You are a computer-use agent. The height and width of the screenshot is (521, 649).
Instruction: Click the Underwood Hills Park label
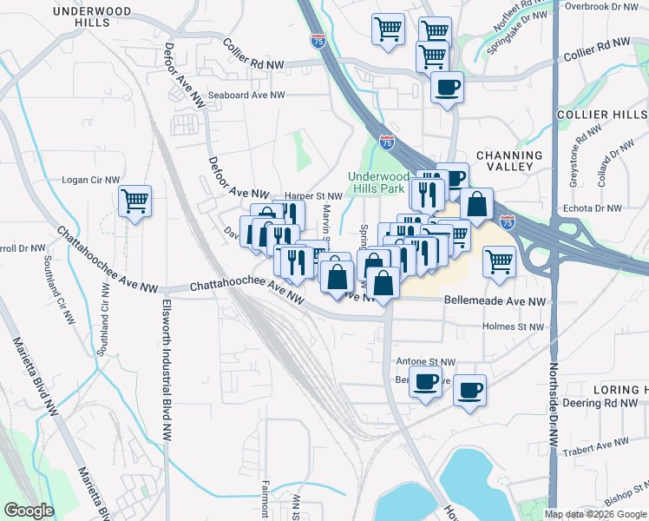pos(377,181)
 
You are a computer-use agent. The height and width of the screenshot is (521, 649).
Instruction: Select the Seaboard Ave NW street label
pos(246,96)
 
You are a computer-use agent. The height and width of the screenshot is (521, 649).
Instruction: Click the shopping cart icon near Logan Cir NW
pos(135,202)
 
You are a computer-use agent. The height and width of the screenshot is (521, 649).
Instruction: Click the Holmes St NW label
pos(515,327)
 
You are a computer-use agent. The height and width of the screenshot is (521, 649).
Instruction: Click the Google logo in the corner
pos(29,511)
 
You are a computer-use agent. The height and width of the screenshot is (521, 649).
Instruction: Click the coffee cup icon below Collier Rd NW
pos(448,88)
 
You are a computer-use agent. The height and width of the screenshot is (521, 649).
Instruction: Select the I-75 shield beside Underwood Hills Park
pos(386,142)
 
